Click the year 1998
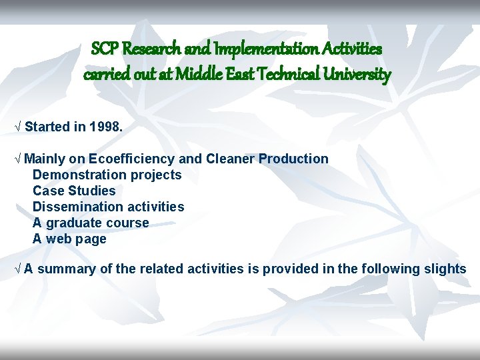[x=105, y=127]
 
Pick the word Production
[x=293, y=159]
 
